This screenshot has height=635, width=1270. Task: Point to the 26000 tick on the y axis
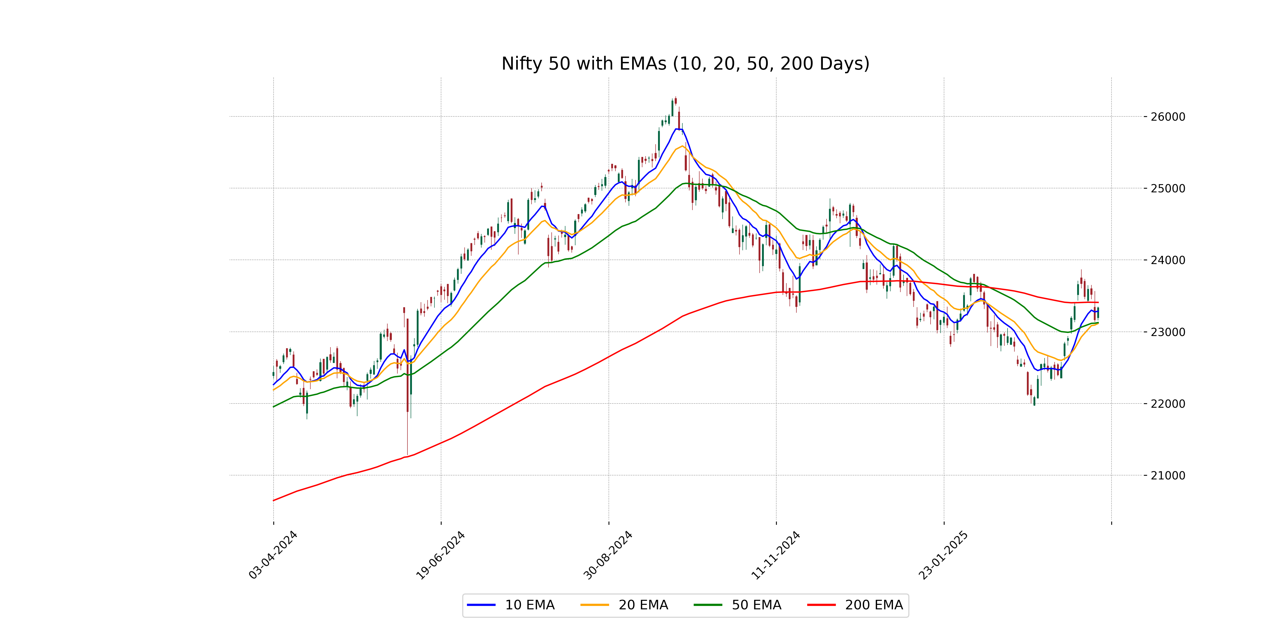pyautogui.click(x=1167, y=117)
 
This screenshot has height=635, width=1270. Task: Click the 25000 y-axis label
pyautogui.click(x=1167, y=188)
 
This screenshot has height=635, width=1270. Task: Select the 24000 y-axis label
pyautogui.click(x=1167, y=260)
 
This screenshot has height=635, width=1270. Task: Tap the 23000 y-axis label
pyautogui.click(x=1167, y=332)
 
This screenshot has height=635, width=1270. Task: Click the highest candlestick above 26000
pyautogui.click(x=675, y=100)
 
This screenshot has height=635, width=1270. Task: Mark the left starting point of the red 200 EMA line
pyautogui.click(x=274, y=500)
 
